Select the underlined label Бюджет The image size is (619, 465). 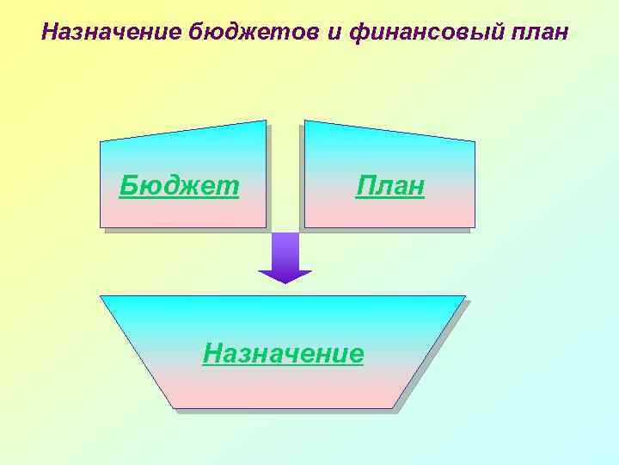pos(179,185)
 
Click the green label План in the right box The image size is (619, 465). pos(390,186)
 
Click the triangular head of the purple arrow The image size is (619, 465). pos(285,276)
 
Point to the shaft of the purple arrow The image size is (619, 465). pos(285,251)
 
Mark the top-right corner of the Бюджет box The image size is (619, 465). pos(266,121)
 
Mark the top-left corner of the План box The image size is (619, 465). pos(305,121)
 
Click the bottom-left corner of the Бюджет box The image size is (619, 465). pos(101,227)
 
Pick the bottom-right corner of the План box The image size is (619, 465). pos(475,227)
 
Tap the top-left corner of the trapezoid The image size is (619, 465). pos(101,296)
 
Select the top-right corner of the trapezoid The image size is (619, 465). pos(465,296)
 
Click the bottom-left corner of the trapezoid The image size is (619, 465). pos(173,408)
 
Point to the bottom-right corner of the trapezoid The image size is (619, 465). pos(394,408)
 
